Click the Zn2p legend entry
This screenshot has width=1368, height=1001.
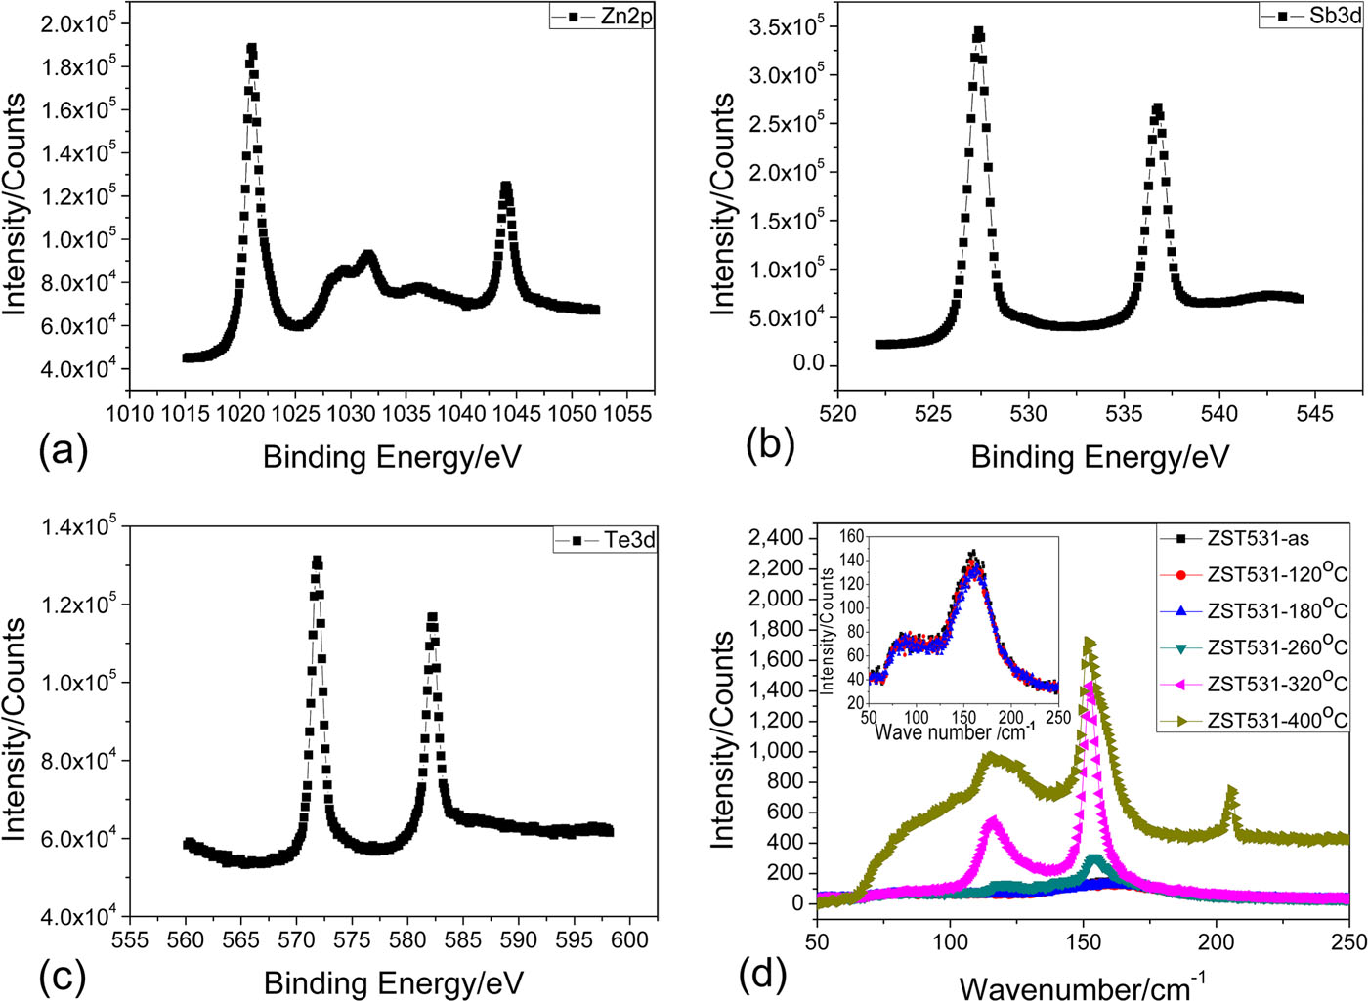point(601,16)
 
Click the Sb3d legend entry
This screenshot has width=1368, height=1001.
point(1311,16)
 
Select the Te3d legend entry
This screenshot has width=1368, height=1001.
point(606,539)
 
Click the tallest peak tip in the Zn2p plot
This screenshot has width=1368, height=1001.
point(252,48)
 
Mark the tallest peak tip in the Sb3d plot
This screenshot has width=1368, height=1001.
point(978,32)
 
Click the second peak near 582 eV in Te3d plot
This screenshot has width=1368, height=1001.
point(432,617)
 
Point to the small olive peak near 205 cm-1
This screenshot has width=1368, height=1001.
point(1231,791)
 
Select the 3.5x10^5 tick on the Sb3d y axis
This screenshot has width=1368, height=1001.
point(788,27)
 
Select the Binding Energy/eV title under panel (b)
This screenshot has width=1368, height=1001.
point(1099,457)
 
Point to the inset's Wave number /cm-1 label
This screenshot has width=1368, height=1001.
point(954,730)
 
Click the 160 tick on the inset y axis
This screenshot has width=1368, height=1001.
point(851,536)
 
